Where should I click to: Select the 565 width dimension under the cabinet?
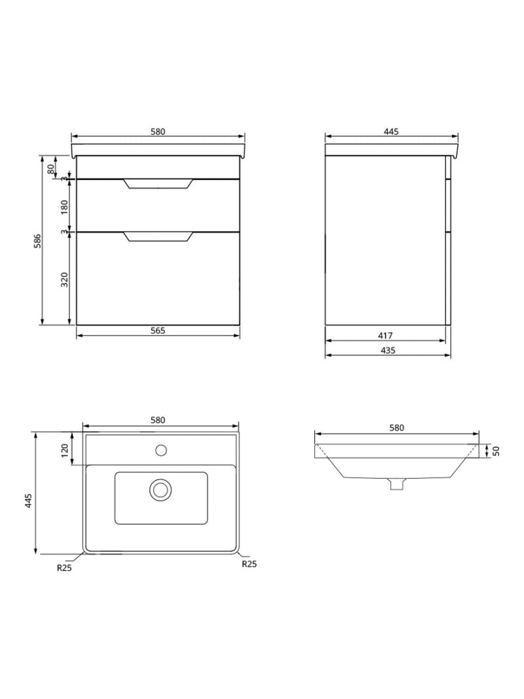pyautogui.click(x=158, y=330)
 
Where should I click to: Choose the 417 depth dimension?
pyautogui.click(x=386, y=335)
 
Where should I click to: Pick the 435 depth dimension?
pyautogui.click(x=388, y=350)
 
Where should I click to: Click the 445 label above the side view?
pyautogui.click(x=391, y=132)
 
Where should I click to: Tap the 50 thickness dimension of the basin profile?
pyautogui.click(x=496, y=451)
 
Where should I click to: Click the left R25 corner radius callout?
pyautogui.click(x=64, y=568)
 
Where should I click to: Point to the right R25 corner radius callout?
pyautogui.click(x=249, y=563)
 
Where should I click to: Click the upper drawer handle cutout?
pyautogui.click(x=158, y=184)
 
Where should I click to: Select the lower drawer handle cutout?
pyautogui.click(x=158, y=237)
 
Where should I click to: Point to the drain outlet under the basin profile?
pyautogui.click(x=396, y=484)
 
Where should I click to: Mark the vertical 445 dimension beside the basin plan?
pyautogui.click(x=28, y=501)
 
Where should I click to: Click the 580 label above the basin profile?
pyautogui.click(x=396, y=428)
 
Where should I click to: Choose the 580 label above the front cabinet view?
pyautogui.click(x=158, y=132)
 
